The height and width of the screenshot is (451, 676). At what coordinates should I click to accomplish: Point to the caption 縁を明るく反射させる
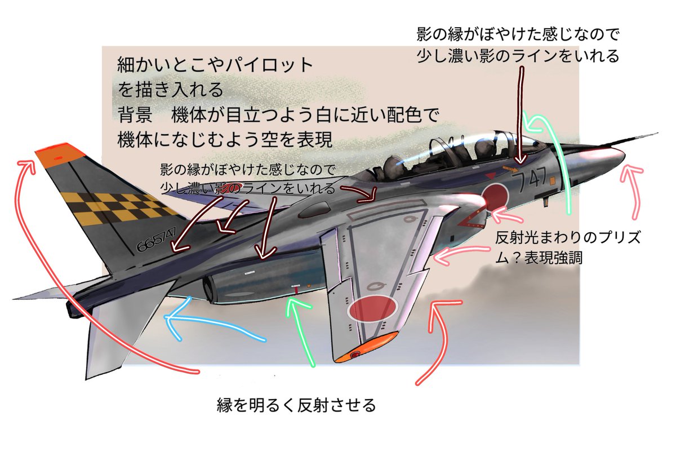pos(296,405)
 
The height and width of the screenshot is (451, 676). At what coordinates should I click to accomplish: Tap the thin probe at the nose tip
pos(642,138)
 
